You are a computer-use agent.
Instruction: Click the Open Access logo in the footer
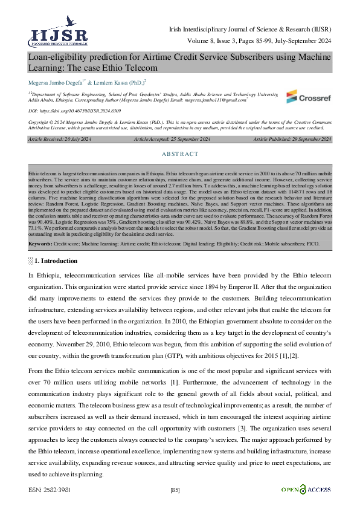tap(306, 488)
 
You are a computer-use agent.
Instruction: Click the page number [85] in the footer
tap(176, 489)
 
